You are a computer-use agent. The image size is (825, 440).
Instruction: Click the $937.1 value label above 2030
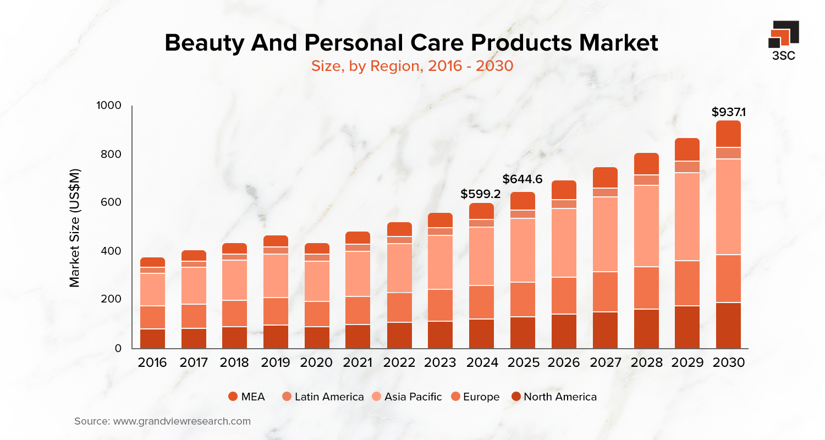[728, 113]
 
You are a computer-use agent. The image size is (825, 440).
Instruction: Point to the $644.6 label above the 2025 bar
[522, 179]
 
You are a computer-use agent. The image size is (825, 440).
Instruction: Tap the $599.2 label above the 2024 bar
[481, 194]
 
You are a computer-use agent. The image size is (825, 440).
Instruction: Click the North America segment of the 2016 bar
[152, 338]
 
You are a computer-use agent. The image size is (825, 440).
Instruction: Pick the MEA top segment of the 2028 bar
[646, 164]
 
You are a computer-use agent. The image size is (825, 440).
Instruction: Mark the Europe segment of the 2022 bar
[399, 307]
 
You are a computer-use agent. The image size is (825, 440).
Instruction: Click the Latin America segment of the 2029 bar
[687, 167]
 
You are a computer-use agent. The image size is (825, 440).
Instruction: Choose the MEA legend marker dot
[233, 397]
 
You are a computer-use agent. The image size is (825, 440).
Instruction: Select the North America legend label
[560, 397]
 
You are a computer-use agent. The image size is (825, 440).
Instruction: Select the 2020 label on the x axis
[317, 363]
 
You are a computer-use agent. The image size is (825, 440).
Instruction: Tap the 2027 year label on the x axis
[605, 363]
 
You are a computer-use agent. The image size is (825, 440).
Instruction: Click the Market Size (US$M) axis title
[75, 227]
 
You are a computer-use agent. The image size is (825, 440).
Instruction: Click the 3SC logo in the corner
[783, 40]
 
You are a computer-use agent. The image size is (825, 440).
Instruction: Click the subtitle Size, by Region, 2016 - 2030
[412, 66]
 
